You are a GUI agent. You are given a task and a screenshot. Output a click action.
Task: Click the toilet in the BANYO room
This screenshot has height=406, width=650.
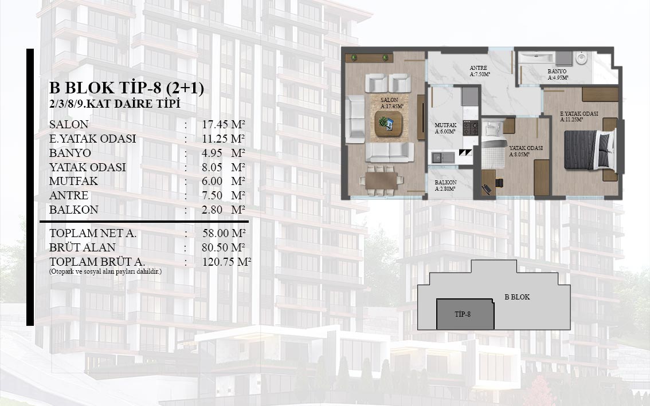click(581, 58)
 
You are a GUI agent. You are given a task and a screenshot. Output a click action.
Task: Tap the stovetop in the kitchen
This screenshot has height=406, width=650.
click(471, 128)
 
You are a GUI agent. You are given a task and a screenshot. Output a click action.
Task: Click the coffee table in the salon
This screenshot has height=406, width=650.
click(388, 124)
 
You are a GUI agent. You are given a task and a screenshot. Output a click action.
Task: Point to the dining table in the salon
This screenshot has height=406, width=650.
click(381, 180)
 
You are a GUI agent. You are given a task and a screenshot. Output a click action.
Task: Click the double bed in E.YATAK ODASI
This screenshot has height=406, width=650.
click(589, 149)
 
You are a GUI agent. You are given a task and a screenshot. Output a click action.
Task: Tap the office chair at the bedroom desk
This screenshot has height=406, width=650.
click(499, 183)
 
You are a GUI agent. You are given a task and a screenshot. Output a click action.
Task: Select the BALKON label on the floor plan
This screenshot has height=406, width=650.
click(445, 182)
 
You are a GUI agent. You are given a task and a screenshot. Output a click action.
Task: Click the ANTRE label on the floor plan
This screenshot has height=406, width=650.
click(479, 68)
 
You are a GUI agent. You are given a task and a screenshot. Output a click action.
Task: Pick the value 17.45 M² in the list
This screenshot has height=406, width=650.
click(224, 124)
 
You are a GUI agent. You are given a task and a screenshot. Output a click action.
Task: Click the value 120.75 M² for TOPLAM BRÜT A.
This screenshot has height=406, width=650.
click(227, 262)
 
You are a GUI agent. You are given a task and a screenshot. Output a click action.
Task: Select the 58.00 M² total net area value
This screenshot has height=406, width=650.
click(224, 233)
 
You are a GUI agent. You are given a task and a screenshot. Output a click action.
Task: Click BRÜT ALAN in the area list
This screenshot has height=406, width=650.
click(82, 247)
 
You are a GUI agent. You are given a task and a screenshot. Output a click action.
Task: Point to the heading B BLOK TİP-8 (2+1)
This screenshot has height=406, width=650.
click(127, 88)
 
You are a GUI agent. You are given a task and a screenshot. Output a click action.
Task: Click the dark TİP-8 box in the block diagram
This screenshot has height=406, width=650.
click(465, 314)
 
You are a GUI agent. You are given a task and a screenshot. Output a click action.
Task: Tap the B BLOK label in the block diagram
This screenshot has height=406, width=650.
click(517, 297)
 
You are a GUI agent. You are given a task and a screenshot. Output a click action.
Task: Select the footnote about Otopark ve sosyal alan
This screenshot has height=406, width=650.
click(105, 272)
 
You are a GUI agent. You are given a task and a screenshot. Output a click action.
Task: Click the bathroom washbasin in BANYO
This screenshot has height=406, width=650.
click(563, 58)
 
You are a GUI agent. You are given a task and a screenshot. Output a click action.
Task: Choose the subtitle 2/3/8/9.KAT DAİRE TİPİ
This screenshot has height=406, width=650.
click(115, 104)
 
